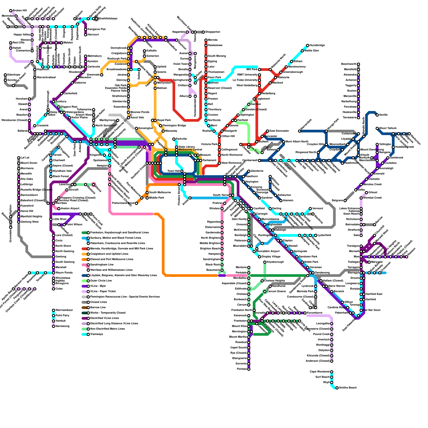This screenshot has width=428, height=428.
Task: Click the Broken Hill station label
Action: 20,11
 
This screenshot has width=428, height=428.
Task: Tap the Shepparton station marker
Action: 203,32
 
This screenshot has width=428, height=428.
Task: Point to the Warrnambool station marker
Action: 53,310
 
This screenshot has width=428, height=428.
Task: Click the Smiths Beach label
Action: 348,388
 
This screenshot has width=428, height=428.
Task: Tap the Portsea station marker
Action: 249,369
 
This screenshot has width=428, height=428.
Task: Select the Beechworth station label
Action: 349,64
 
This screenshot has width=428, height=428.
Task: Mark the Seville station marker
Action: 377,115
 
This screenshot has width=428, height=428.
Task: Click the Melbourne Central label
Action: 190,150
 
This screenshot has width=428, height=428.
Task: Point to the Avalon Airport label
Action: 70,209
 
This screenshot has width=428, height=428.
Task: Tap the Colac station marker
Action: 53,289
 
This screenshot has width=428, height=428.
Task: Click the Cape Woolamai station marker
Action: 332,372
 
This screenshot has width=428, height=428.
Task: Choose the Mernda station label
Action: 213,40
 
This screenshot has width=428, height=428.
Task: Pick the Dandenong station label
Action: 322,273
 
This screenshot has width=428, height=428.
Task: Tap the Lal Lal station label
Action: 25,158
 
